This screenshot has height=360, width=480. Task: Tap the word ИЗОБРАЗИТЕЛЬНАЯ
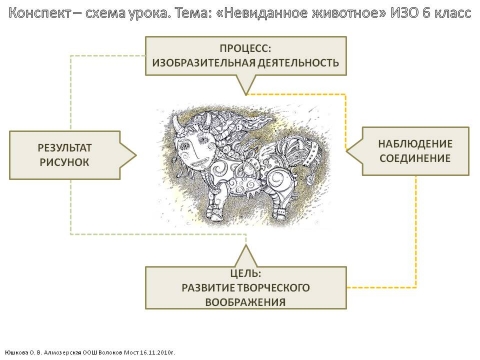(x=205, y=62)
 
